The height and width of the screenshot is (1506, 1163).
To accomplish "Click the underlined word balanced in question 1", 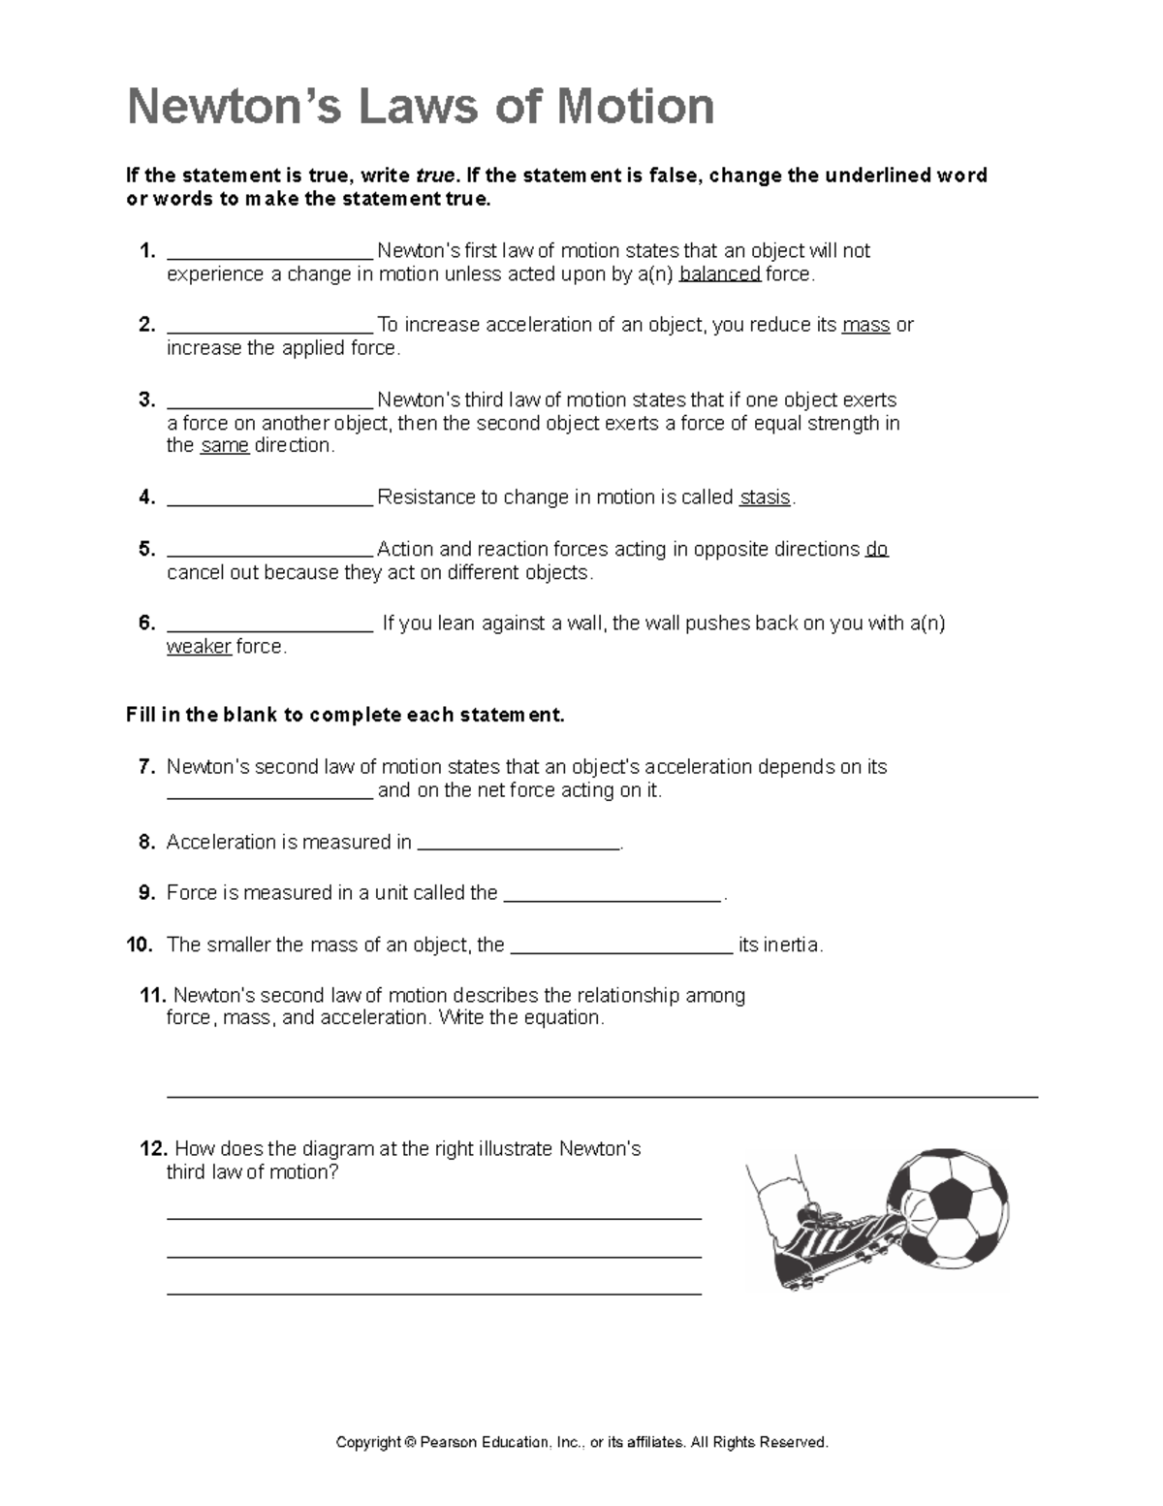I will point(720,274).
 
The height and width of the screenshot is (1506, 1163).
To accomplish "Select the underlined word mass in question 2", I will point(866,325).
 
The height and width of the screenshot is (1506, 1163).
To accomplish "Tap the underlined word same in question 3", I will point(225,446).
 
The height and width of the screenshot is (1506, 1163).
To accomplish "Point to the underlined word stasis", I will point(765,497).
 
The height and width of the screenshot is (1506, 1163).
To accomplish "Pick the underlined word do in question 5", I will point(876,549).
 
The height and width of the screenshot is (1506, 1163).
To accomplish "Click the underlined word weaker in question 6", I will point(199,647).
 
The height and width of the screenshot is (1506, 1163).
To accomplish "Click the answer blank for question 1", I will point(269,254).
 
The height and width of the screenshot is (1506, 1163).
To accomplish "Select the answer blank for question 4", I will point(269,500).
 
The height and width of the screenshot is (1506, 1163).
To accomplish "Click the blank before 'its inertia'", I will point(620,948).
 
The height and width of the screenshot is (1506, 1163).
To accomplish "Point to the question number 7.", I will point(146,767).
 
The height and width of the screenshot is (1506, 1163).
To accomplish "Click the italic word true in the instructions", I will point(435,176).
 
